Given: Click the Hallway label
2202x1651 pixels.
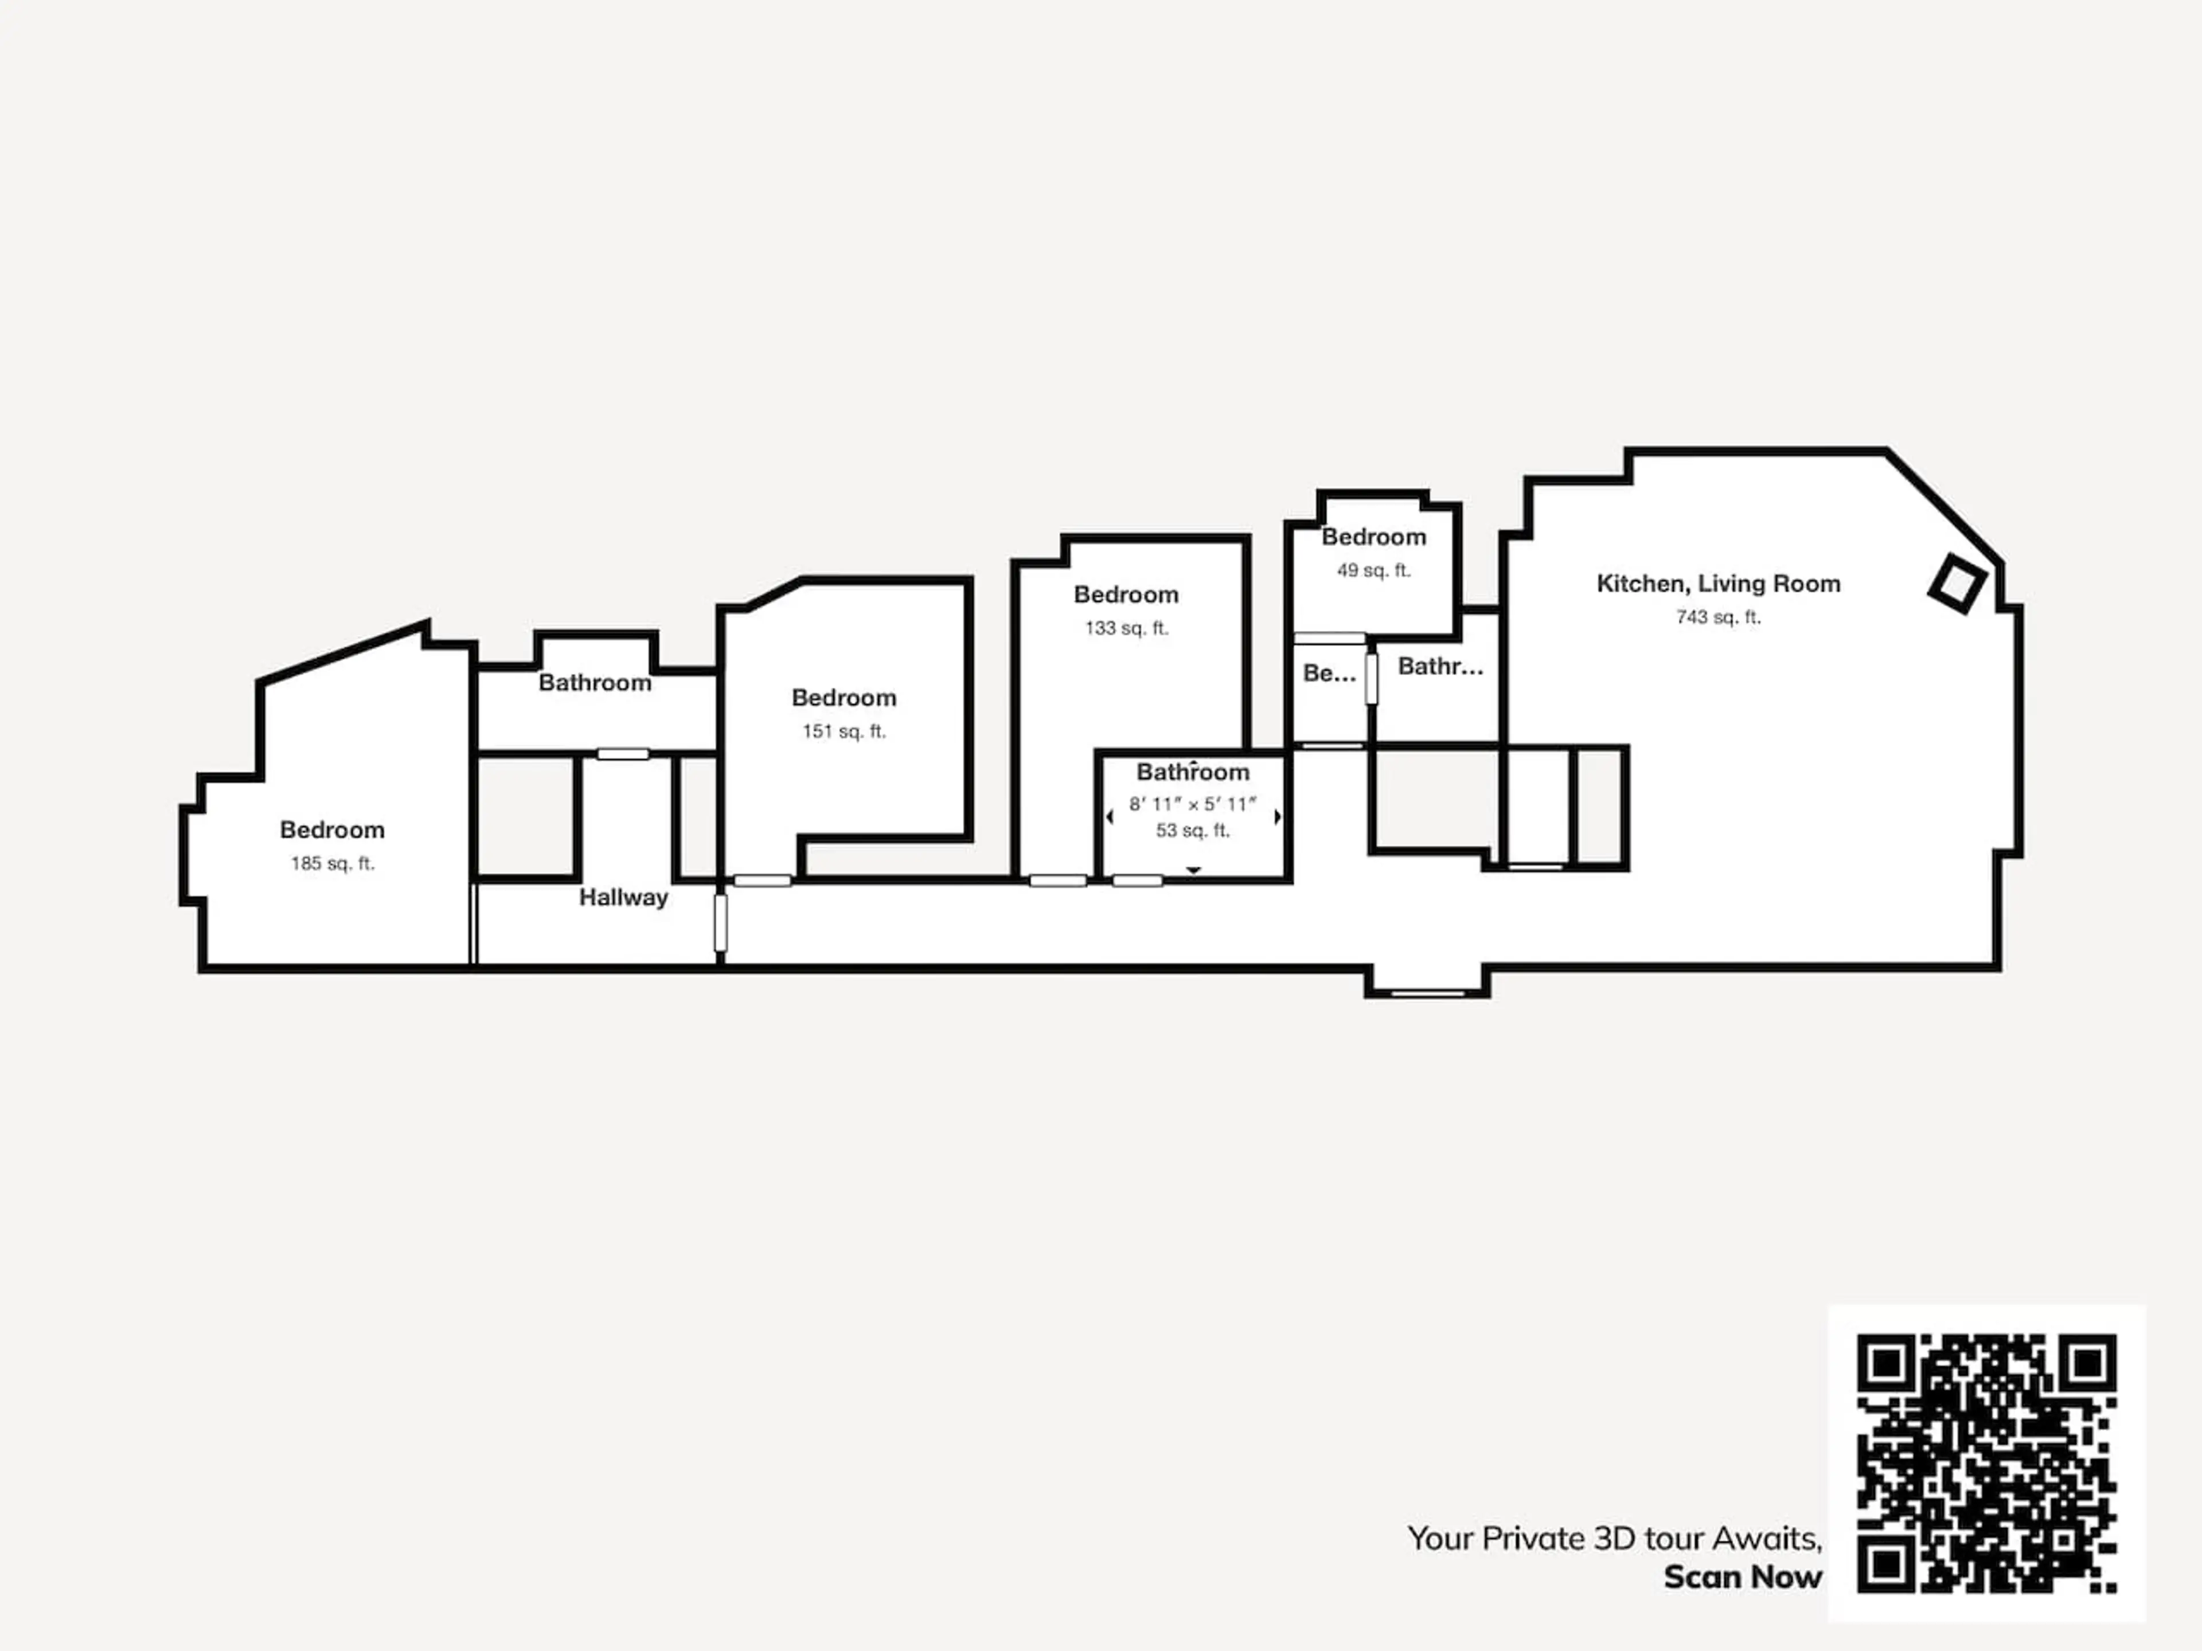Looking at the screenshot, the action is [x=623, y=898].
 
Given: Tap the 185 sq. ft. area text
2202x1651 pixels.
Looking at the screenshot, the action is [x=333, y=864].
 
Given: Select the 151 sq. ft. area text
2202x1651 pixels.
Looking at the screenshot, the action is [x=844, y=731].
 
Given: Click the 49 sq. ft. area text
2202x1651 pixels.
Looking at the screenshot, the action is [x=1374, y=571].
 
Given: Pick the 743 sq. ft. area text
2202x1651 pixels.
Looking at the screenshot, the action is [x=1718, y=617].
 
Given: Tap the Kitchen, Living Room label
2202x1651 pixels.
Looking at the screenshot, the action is [x=1718, y=584].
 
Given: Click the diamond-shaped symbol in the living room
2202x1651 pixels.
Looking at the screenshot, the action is [x=1957, y=583].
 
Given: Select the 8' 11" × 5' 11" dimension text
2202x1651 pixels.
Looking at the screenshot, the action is [x=1193, y=804].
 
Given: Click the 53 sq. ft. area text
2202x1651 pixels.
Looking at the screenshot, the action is [x=1193, y=831].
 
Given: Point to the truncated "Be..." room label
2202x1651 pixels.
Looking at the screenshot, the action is [x=1329, y=674].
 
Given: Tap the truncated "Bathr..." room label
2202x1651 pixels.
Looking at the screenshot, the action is [x=1440, y=667].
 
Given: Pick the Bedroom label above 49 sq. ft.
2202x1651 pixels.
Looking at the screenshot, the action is [x=1374, y=537].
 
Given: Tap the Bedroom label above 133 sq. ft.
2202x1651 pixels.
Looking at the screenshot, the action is [x=1126, y=595].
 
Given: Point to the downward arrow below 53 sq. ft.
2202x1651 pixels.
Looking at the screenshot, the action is [x=1193, y=871].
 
